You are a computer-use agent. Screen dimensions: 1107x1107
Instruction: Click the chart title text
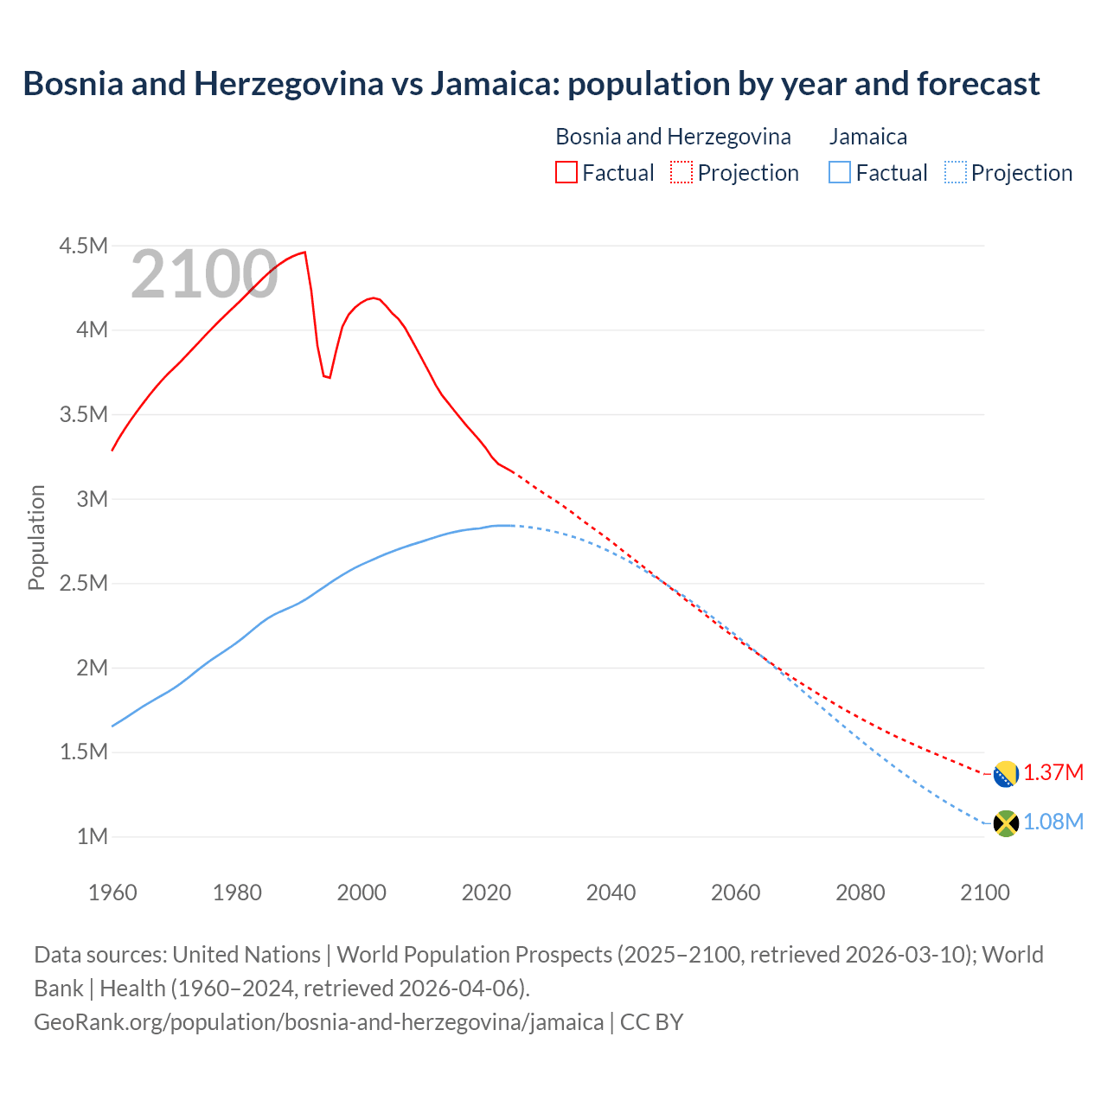point(531,84)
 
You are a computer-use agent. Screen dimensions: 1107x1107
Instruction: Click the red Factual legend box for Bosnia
point(566,172)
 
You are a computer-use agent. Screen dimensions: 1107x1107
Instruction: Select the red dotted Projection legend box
point(681,172)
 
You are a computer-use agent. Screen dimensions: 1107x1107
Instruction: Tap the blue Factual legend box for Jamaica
point(839,172)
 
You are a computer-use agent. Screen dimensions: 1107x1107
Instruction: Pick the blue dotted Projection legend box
point(955,172)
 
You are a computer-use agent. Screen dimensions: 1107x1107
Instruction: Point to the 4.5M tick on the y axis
point(83,246)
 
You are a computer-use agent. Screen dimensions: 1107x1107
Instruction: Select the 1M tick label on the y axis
point(92,836)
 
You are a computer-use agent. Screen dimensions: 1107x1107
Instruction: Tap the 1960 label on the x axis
point(112,893)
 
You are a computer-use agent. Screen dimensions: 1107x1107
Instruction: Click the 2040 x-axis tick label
point(611,893)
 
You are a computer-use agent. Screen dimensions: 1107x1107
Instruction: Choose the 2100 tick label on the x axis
point(984,893)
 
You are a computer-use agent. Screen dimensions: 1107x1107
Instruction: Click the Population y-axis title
point(36,537)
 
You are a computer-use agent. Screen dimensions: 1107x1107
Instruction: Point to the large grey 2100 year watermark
point(204,275)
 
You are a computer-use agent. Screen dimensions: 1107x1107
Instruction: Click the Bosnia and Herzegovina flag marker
point(1005,774)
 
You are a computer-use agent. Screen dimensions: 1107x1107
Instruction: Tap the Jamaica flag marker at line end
point(1005,823)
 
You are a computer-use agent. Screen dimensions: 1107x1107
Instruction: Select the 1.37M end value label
point(1053,772)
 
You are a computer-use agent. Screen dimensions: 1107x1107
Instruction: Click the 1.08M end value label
point(1053,822)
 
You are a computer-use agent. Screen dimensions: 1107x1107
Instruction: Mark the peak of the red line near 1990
point(304,253)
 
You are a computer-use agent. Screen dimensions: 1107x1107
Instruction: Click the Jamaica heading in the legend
point(867,137)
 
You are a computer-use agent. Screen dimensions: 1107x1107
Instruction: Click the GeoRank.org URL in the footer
point(318,1021)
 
